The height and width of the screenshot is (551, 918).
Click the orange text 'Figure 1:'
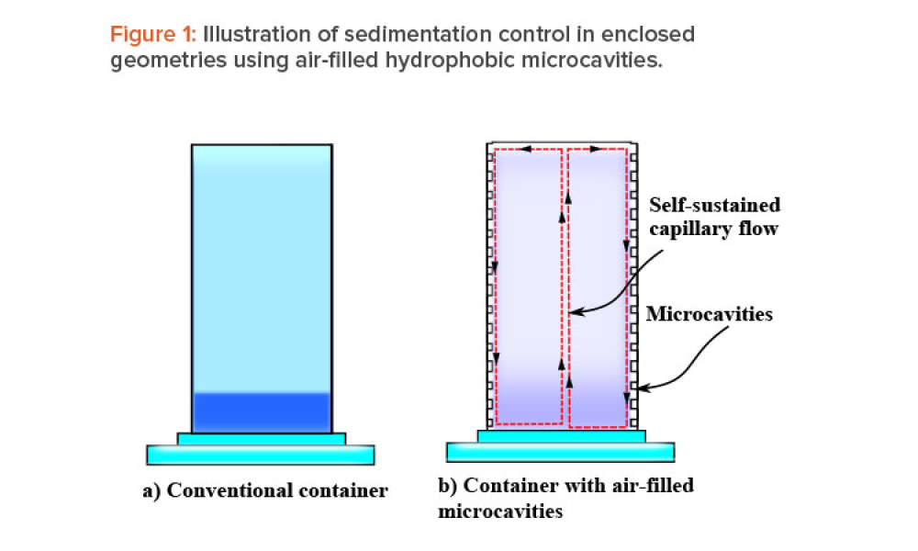point(152,36)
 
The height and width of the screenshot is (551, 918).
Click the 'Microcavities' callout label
point(709,314)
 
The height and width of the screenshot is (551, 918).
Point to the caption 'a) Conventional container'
point(264,490)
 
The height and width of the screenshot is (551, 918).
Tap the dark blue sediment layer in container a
point(262,411)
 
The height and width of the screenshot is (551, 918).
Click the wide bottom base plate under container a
point(261,455)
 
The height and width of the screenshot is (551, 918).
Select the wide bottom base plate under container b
point(561,452)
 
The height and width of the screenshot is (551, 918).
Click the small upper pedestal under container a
point(261,438)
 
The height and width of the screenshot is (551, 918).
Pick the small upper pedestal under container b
point(561,435)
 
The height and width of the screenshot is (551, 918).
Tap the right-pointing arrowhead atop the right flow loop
point(595,149)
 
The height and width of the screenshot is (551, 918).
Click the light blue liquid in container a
point(262,266)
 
